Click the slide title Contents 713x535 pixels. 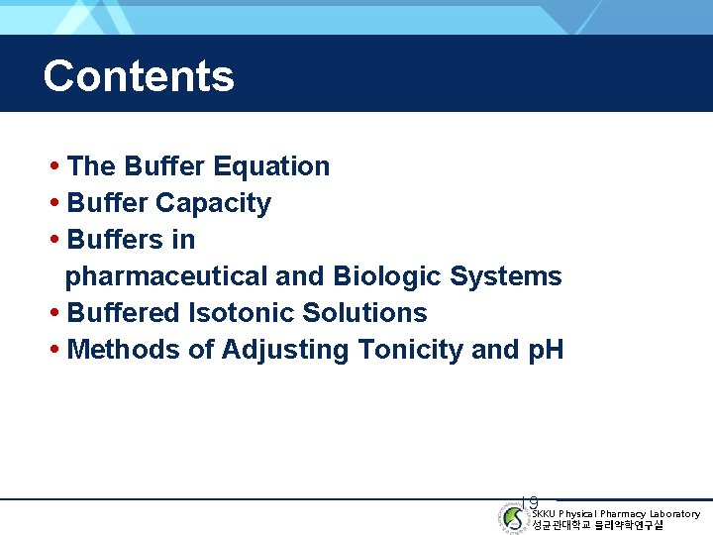139,76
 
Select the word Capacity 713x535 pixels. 213,203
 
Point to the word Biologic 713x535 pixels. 387,276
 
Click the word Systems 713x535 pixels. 505,276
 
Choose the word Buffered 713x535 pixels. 124,313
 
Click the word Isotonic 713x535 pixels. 242,313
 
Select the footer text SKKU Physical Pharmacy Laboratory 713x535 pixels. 616,514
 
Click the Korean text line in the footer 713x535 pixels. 598,525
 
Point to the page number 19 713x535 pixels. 530,504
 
